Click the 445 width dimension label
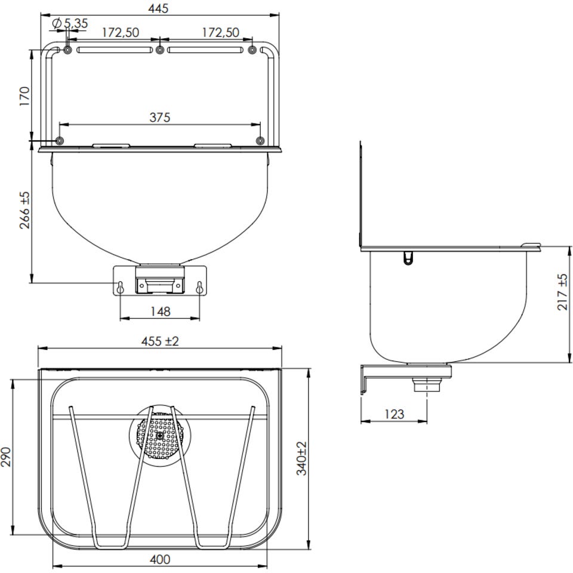(158, 8)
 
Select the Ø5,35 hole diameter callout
(70, 23)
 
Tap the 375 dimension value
(160, 118)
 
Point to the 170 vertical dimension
(24, 96)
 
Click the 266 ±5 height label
(24, 210)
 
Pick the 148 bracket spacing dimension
(161, 312)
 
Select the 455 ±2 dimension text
(160, 341)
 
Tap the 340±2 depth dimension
(301, 458)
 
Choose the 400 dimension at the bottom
(160, 559)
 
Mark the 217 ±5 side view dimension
(563, 292)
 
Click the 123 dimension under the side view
(395, 414)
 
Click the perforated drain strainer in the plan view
(160, 435)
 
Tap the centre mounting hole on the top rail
(160, 50)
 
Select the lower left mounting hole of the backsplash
(60, 140)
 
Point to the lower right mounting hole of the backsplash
(260, 140)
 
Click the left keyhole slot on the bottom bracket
(120, 287)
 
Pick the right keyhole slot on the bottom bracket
(199, 287)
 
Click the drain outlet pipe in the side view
(427, 385)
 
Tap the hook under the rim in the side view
(408, 258)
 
